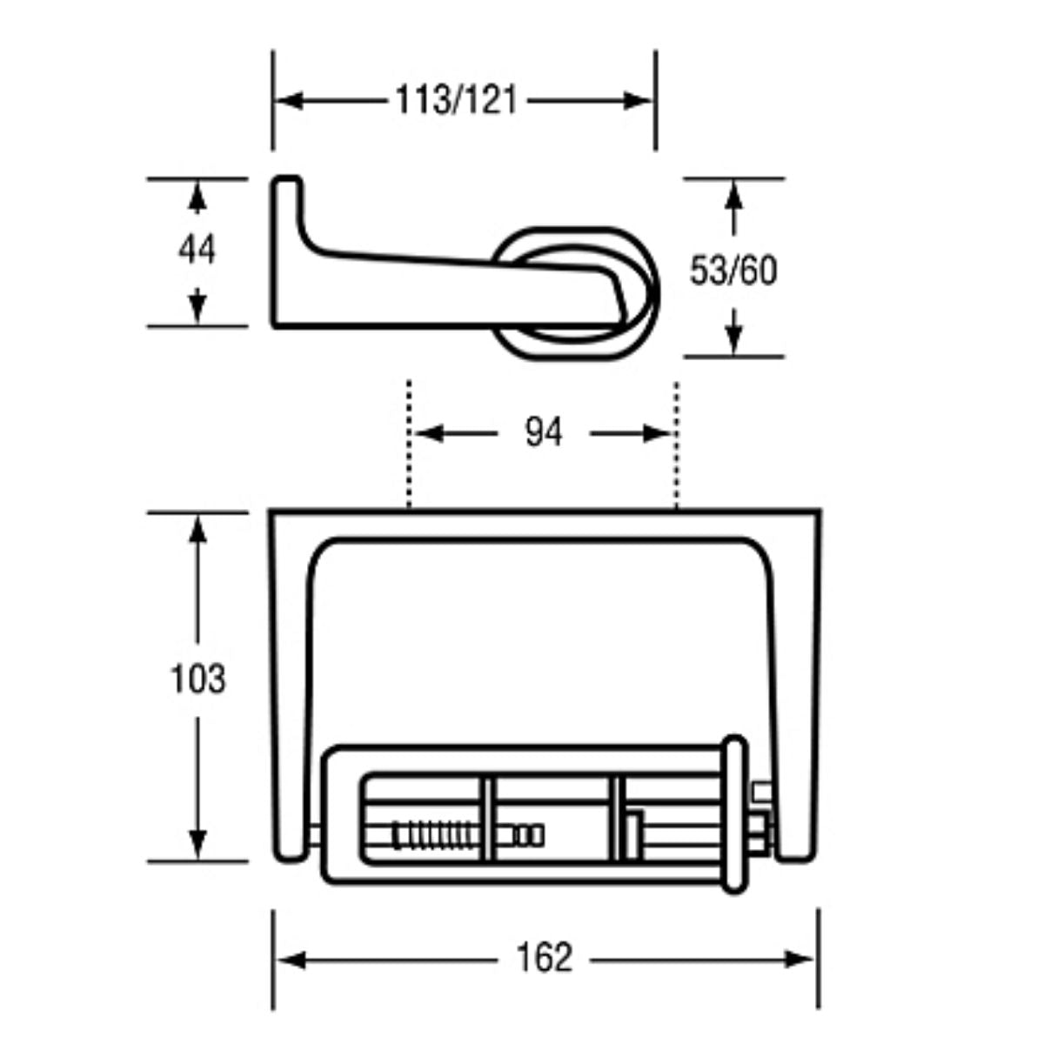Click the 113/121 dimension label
click(456, 101)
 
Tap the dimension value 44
click(197, 251)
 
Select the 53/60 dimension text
click(733, 271)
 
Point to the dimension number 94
click(544, 432)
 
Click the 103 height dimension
click(197, 679)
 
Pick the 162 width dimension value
click(545, 959)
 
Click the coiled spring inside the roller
click(434, 836)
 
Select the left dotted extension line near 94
click(408, 444)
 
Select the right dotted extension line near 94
click(676, 444)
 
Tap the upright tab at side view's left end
click(287, 209)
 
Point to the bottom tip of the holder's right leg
click(796, 856)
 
